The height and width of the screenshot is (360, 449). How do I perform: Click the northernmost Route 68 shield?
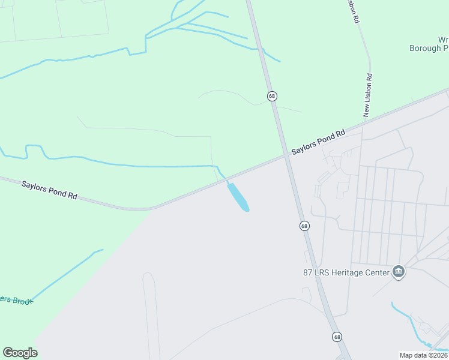pyautogui.click(x=272, y=96)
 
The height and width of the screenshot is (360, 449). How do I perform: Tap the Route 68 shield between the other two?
pyautogui.click(x=304, y=226)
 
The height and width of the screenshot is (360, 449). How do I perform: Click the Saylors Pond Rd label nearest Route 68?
pyautogui.click(x=319, y=142)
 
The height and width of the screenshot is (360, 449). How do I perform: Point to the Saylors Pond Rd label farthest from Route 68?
pyautogui.click(x=50, y=191)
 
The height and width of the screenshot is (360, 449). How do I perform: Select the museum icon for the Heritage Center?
pyautogui.click(x=397, y=272)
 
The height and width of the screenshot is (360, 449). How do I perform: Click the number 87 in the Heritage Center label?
pyautogui.click(x=308, y=272)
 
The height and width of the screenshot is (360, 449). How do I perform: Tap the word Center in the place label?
pyautogui.click(x=377, y=272)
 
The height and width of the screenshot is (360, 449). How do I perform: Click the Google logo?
pyautogui.click(x=20, y=353)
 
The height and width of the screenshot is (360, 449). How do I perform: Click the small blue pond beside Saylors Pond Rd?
pyautogui.click(x=238, y=197)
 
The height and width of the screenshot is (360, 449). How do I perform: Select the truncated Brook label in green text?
pyautogui.click(x=17, y=299)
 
